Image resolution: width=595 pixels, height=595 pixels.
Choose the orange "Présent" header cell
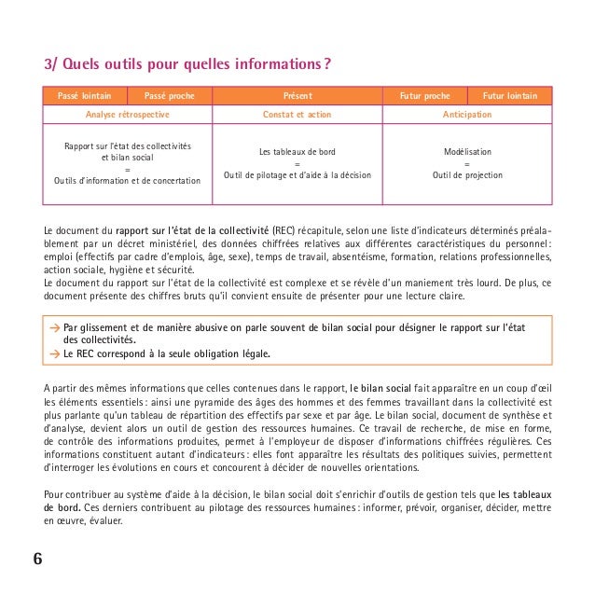click(x=297, y=95)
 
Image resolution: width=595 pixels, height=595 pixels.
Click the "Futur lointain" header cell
click(x=509, y=95)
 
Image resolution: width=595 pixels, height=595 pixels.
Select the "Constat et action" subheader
click(x=297, y=114)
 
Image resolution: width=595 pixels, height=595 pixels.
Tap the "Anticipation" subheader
click(x=467, y=114)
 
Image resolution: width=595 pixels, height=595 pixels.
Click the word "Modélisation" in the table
click(x=467, y=151)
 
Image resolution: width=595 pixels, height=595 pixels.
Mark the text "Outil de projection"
click(x=467, y=175)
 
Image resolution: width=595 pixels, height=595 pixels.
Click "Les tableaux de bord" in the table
click(x=297, y=151)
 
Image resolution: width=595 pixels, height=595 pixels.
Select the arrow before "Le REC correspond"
click(x=55, y=353)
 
